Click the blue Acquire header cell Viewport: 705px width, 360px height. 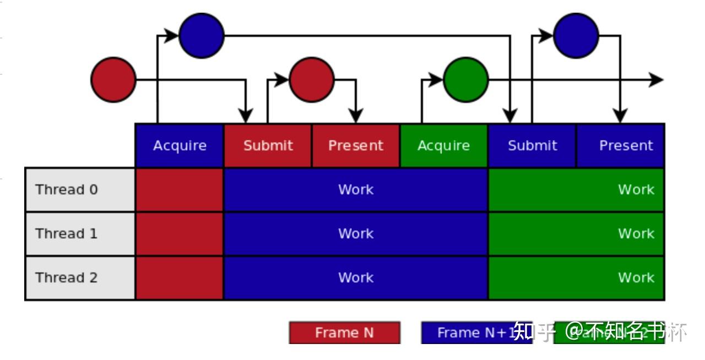(x=180, y=145)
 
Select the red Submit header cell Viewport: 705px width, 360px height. (x=268, y=145)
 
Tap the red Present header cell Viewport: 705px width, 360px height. (x=356, y=145)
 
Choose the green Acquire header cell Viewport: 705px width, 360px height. (x=444, y=145)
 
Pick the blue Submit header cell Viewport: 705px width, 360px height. (x=532, y=145)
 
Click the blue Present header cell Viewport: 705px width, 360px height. (x=621, y=145)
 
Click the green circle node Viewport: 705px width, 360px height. (x=466, y=80)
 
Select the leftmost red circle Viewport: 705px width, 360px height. (x=113, y=80)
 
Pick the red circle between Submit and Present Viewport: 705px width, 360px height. (x=312, y=80)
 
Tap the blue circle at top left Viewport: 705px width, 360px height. (x=202, y=35)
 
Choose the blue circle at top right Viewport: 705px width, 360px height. (x=576, y=35)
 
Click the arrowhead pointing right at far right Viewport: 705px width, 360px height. (x=657, y=80)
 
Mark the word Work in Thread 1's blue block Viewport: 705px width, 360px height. (x=356, y=233)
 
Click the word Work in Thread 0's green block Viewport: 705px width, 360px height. (x=636, y=189)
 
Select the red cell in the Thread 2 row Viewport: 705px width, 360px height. (x=180, y=277)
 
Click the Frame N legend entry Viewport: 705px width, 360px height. (x=345, y=332)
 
